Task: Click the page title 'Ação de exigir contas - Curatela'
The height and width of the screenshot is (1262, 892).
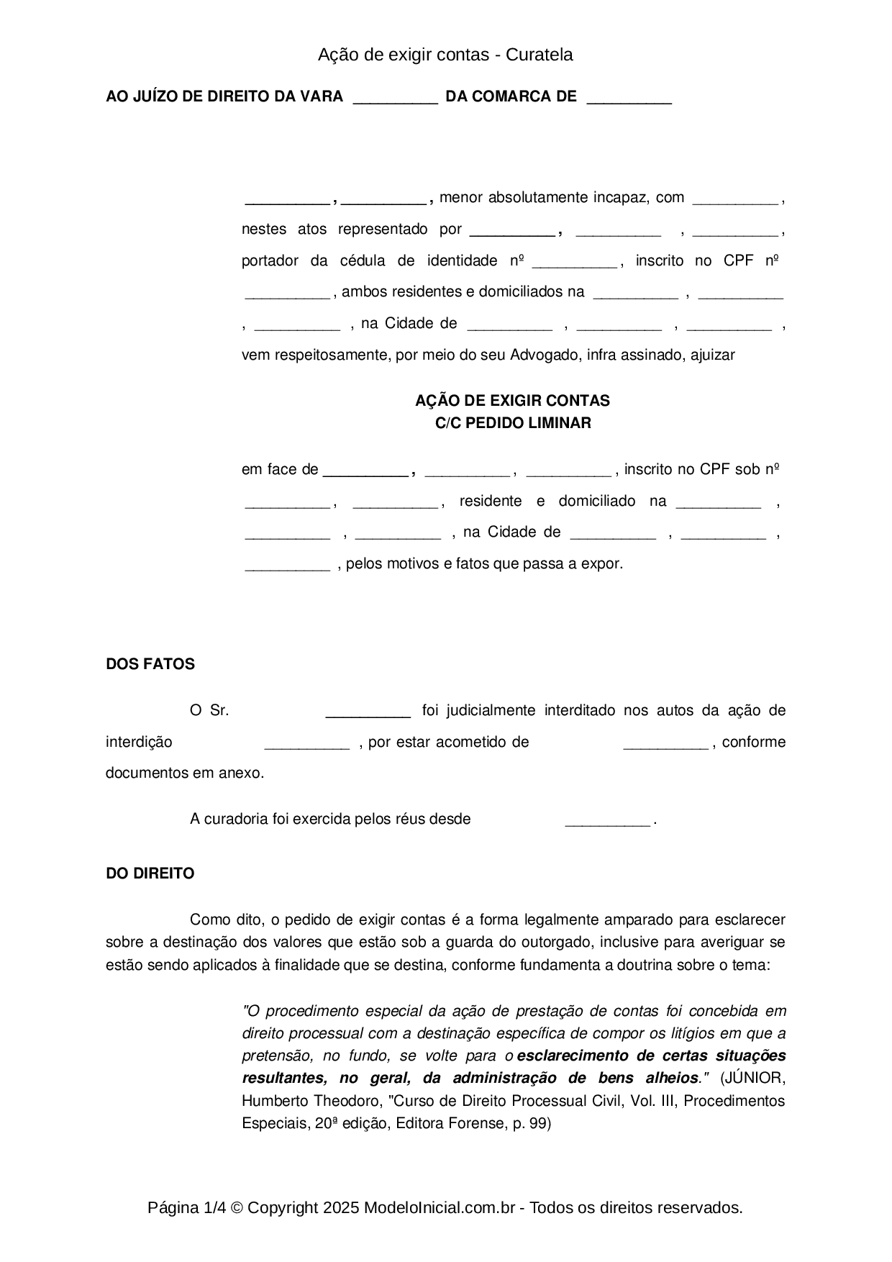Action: (445, 55)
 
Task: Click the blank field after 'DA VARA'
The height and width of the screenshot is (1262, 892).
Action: (395, 98)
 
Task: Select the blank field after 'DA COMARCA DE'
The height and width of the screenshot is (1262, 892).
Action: (629, 98)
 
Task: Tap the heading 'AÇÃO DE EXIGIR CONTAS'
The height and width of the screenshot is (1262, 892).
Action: (512, 401)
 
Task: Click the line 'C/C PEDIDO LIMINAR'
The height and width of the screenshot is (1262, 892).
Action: (512, 423)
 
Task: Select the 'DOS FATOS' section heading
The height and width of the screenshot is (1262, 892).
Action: (150, 664)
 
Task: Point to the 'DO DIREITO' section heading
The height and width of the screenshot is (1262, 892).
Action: (150, 873)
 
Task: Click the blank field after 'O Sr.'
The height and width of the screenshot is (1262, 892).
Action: (368, 712)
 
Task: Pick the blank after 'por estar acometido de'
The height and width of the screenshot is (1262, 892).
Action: (665, 743)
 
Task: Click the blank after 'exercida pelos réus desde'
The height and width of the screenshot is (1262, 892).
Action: (608, 820)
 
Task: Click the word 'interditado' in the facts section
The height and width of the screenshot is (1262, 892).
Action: (579, 711)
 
